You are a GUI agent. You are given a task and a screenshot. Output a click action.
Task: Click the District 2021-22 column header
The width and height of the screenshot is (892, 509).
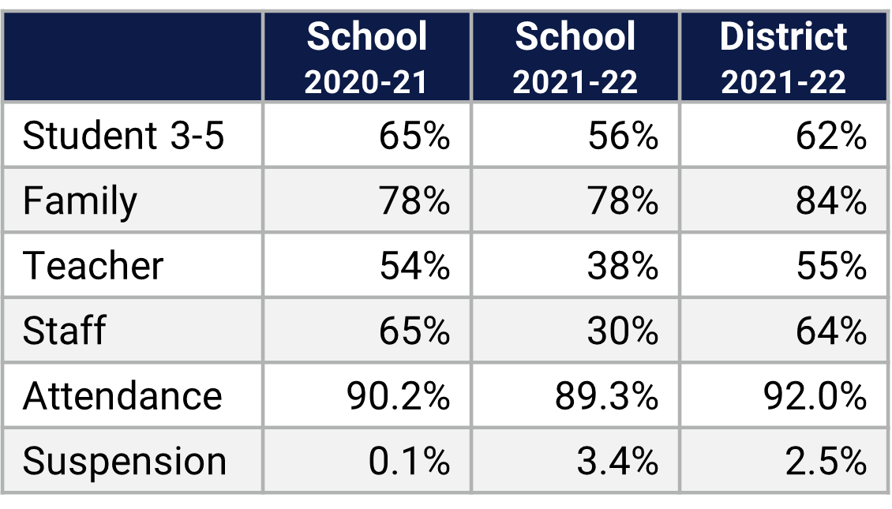pos(784,58)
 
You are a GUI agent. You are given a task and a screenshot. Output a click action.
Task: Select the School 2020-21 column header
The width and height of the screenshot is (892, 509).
pos(367,58)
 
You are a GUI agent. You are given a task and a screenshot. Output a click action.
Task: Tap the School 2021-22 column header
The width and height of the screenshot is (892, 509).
pos(575,58)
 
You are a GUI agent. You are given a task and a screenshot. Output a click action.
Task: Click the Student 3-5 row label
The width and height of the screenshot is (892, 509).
pos(124,137)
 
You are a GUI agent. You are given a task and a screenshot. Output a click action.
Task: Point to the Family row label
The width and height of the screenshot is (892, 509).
pos(80,201)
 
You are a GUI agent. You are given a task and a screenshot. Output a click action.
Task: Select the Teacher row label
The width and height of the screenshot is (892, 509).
pos(93,266)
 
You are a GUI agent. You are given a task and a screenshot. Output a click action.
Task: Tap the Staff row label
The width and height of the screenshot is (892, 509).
pos(64,331)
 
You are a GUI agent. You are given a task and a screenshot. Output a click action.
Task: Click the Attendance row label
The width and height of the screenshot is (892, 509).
pos(122,395)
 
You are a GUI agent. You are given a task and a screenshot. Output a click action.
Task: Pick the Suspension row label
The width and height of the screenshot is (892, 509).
pos(125,461)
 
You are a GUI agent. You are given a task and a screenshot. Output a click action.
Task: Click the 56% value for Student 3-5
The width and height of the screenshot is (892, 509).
pos(623,137)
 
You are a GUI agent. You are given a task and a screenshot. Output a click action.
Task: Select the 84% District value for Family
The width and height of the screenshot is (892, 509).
pos(831,201)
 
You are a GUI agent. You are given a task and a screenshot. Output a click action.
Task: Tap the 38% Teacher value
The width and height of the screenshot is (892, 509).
pos(623,266)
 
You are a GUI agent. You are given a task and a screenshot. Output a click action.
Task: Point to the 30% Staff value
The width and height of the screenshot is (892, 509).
pos(623,331)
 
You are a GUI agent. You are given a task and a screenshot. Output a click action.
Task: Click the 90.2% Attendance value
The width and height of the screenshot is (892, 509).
pos(398,395)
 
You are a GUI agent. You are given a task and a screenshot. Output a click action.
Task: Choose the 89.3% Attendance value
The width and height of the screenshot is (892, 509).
pos(606,395)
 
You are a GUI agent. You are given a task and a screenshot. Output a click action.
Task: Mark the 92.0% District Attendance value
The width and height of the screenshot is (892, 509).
pos(815,395)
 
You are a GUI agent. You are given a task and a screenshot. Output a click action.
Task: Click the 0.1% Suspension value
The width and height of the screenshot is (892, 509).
pos(409,461)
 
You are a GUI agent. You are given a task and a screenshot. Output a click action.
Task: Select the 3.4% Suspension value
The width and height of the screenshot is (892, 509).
pos(617,461)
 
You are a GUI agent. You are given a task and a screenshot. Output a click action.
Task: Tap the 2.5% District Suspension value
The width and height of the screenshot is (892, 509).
pos(826,461)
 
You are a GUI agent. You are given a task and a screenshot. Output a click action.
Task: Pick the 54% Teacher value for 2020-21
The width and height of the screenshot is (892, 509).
pos(414,266)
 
